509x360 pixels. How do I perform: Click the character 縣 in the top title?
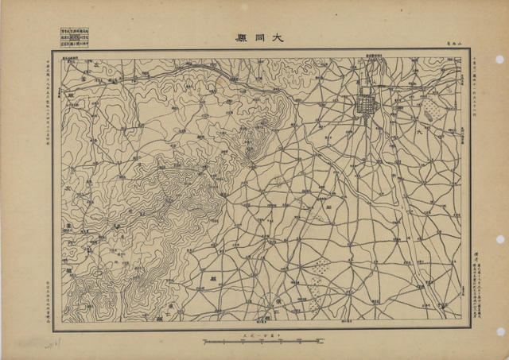(239, 37)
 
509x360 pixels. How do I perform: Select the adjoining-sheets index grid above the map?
(75, 37)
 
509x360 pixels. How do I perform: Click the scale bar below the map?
(263, 342)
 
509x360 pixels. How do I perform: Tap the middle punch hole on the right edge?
(499, 238)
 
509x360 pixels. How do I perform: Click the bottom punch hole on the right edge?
(499, 331)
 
